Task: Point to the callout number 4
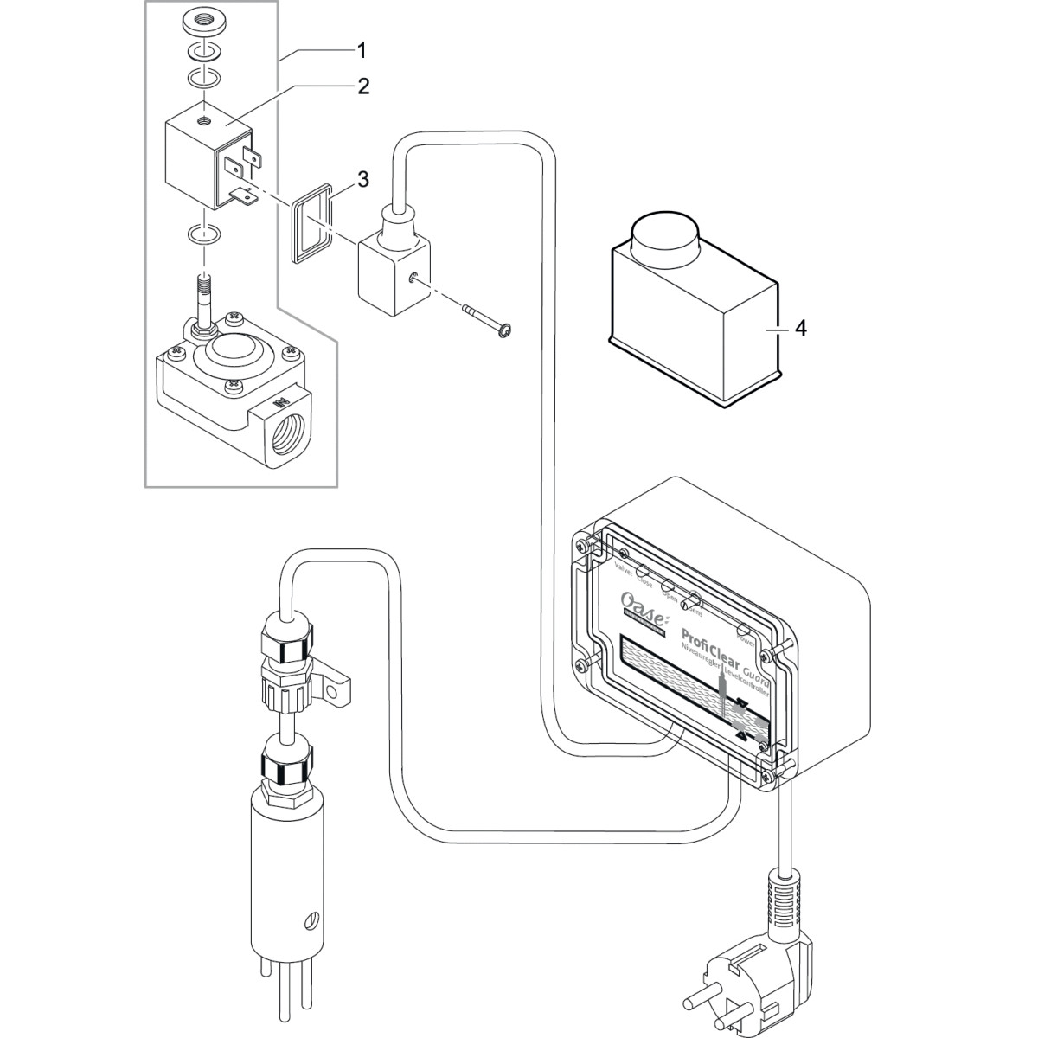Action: click(x=801, y=330)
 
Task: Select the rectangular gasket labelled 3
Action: click(x=310, y=221)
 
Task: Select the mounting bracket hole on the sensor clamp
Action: click(x=331, y=689)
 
